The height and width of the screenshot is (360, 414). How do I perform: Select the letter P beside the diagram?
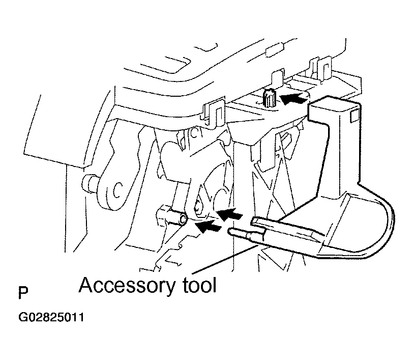[x=23, y=293]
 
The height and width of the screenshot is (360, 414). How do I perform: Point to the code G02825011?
[x=51, y=317]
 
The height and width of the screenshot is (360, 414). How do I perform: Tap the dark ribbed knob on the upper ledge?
[x=269, y=98]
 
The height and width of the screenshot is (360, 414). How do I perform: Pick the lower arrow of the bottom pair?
[x=209, y=226]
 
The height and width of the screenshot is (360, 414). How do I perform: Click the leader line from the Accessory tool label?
[x=225, y=259]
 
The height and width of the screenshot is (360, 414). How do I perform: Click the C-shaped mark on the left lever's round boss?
[x=117, y=190]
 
